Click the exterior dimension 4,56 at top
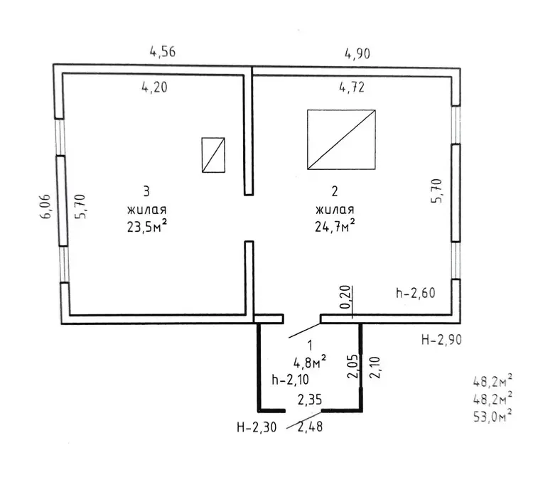coord(163,52)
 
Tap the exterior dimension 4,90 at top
coord(357,54)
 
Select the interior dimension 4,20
coord(155,87)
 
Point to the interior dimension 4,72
coord(352,87)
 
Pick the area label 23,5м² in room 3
coord(147,226)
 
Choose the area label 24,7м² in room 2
coord(335,225)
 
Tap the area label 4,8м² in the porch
coord(310,363)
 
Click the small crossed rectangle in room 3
coord(213,155)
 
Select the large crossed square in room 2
coord(341,139)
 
